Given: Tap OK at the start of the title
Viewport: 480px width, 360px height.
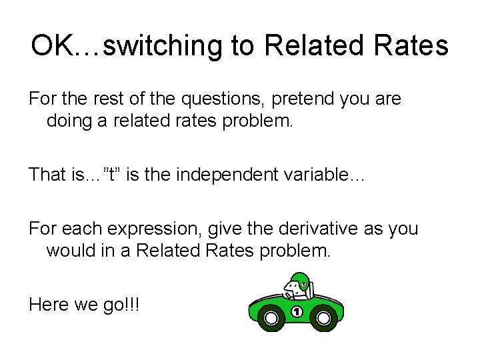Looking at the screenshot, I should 55,45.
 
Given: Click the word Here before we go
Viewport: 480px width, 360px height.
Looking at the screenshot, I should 51,305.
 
